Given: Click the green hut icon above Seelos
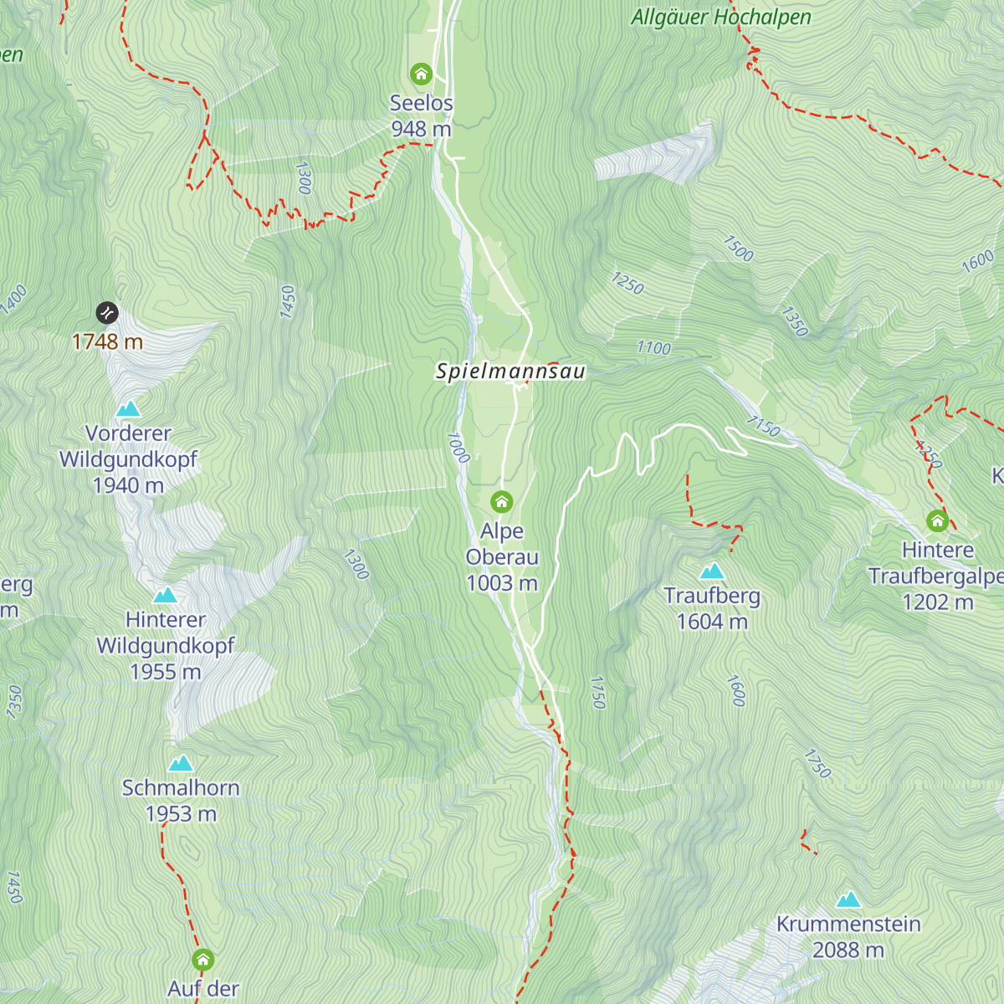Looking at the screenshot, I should click(422, 74).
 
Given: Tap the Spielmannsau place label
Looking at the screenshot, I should click(510, 371).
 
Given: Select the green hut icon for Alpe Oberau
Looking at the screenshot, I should click(501, 502).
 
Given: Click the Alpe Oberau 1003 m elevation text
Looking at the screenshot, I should click(501, 583).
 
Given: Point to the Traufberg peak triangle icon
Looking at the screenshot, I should click(712, 571).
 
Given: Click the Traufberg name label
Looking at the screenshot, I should click(712, 596).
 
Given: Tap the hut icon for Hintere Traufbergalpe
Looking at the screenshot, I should click(937, 521).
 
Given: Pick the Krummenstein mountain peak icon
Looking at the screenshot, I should click(848, 899).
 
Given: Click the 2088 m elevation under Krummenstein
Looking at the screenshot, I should click(848, 950).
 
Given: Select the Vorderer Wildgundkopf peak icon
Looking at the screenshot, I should click(128, 409).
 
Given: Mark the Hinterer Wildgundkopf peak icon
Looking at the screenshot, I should click(165, 596).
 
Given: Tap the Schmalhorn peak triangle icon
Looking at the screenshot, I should click(181, 763).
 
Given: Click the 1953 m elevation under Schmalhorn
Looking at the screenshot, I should click(181, 814).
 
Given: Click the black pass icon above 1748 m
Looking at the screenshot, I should click(107, 313).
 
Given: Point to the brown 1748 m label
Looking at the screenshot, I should click(107, 341).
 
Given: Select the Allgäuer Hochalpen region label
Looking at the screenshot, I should click(720, 18).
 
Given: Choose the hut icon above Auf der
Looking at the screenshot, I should click(203, 959).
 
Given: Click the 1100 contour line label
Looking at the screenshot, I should click(653, 348).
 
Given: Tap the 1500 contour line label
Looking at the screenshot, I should click(738, 248).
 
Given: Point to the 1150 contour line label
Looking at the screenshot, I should click(763, 427).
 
